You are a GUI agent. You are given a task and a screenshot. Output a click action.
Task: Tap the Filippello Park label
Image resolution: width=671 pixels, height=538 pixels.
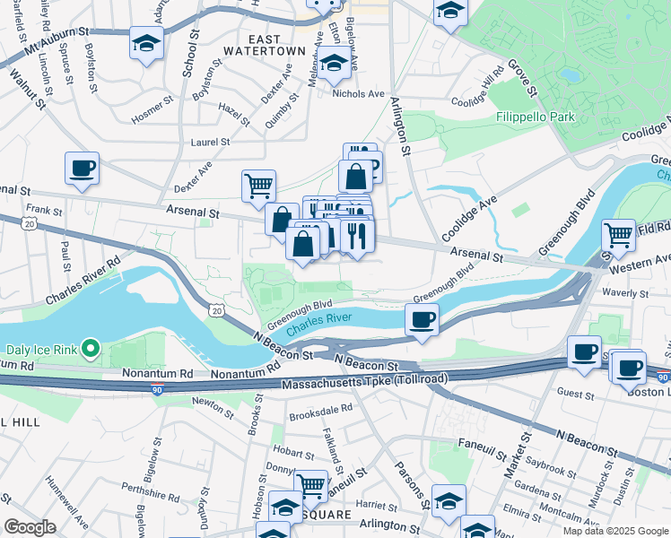tap(536, 117)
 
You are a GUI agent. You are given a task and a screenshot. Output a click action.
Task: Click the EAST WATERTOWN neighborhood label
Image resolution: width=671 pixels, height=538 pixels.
tap(265, 45)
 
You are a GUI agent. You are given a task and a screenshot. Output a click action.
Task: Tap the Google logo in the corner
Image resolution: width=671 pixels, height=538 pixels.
tap(30, 527)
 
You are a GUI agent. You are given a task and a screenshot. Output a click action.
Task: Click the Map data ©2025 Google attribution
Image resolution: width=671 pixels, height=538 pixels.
tap(614, 531)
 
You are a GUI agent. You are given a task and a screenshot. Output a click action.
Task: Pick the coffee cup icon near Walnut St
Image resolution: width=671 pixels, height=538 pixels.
tap(82, 168)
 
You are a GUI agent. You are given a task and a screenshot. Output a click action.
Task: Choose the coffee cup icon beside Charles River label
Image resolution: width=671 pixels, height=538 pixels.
tap(423, 318)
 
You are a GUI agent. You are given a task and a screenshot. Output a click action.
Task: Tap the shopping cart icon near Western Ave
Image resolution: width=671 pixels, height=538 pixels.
tap(618, 235)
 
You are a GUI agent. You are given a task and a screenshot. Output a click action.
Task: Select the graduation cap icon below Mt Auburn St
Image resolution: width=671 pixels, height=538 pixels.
tap(145, 43)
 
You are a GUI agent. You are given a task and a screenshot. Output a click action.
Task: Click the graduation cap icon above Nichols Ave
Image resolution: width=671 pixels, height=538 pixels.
tap(334, 64)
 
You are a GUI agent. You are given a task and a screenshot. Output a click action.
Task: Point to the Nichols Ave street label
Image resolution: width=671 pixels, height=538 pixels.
tap(358, 93)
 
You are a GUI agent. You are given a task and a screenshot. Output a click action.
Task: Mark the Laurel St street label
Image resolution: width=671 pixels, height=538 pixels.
tap(210, 142)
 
